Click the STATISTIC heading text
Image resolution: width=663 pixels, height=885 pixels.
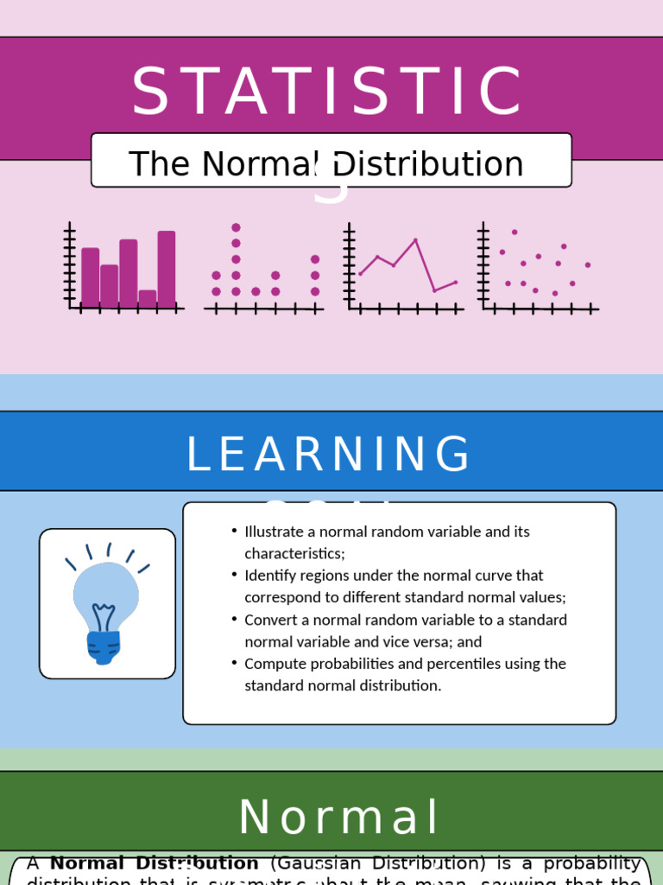[327, 92]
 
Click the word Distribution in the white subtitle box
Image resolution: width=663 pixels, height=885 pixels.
[429, 164]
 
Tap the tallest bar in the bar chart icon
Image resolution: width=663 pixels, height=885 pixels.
[167, 268]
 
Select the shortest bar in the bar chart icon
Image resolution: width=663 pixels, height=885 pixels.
[148, 298]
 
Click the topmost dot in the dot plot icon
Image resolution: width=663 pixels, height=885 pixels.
[236, 227]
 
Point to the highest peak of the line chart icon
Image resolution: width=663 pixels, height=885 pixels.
[415, 240]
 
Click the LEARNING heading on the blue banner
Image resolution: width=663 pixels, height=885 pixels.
[329, 455]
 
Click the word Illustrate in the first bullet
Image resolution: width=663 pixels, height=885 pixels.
[276, 532]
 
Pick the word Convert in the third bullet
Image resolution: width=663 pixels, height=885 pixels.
[271, 620]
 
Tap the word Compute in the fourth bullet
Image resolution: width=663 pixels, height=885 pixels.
[273, 664]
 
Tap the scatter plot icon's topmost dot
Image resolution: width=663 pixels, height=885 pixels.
[515, 232]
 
